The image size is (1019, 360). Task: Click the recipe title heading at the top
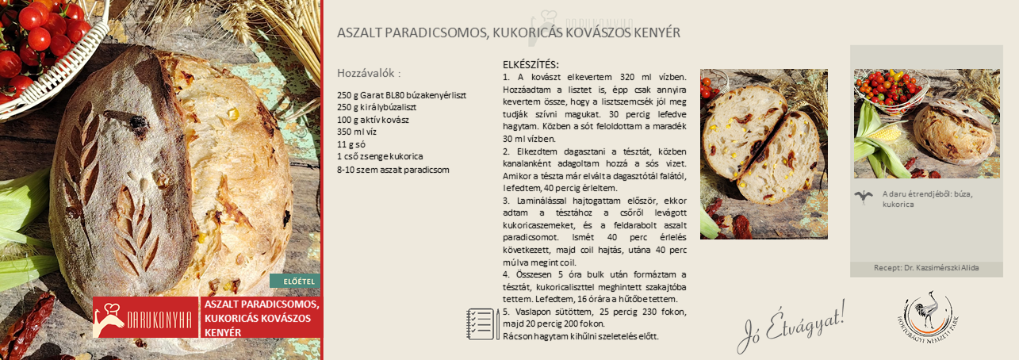pyautogui.click(x=508, y=33)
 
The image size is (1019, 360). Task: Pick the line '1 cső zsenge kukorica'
pyautogui.click(x=380, y=157)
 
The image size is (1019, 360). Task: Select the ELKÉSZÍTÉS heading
pyautogui.click(x=531, y=64)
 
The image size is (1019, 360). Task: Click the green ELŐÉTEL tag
pyautogui.click(x=294, y=281)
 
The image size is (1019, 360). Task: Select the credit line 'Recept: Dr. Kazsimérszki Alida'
pyautogui.click(x=926, y=268)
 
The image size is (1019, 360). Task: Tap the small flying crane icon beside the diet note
pyautogui.click(x=864, y=197)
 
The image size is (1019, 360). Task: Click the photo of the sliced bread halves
pyautogui.click(x=764, y=154)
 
